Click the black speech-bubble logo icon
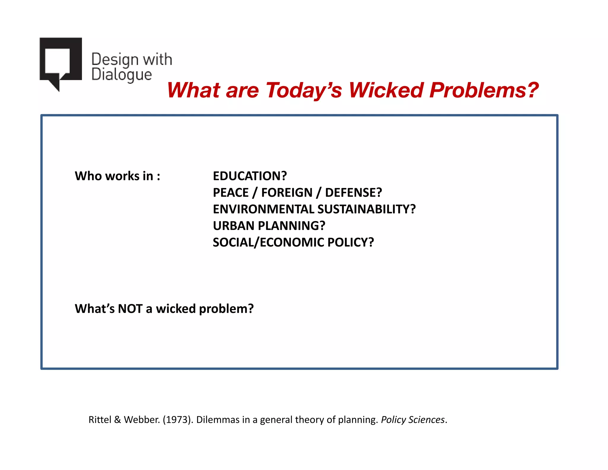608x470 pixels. point(61,61)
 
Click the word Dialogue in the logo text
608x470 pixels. point(121,75)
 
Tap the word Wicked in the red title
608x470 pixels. point(386,90)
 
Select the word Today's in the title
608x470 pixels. point(304,90)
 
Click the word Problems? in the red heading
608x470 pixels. point(484,90)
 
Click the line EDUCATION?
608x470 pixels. point(250,176)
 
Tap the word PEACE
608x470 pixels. point(231,193)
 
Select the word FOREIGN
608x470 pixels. point(287,193)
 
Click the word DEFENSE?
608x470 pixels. point(353,193)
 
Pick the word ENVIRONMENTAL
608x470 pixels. point(264,209)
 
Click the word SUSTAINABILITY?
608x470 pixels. point(367,209)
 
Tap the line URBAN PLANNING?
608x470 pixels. point(269,226)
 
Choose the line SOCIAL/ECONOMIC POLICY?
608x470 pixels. point(293,242)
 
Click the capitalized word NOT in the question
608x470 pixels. point(130,309)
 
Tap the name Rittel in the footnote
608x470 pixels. point(100,419)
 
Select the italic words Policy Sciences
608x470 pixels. point(413,419)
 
